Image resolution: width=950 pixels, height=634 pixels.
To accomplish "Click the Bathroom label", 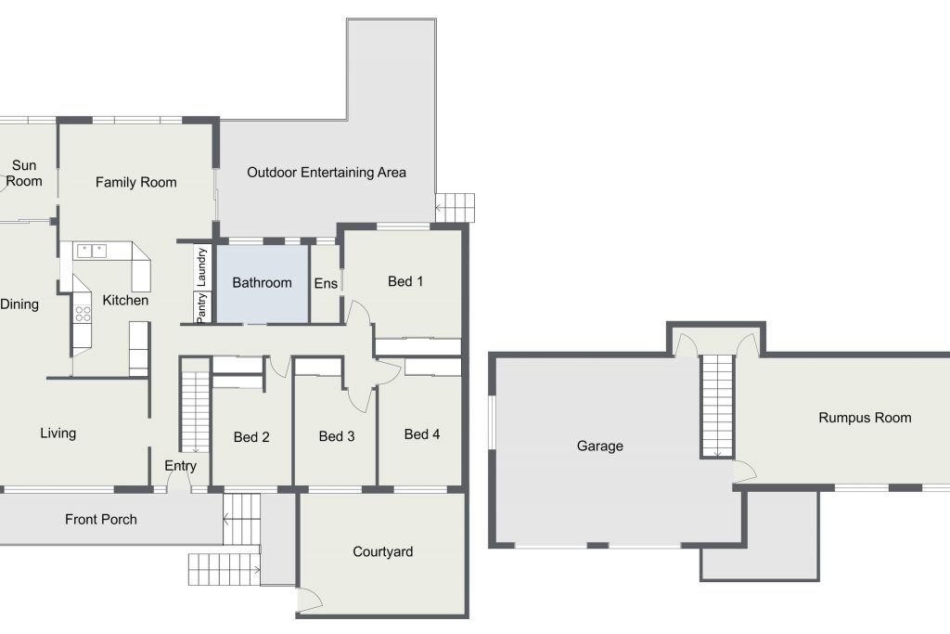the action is click(262, 282).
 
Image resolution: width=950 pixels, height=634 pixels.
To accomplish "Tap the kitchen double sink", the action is click(92, 251).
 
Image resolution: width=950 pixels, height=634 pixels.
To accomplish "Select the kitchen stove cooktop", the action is click(83, 314).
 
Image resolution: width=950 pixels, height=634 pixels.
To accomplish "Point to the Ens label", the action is click(326, 283).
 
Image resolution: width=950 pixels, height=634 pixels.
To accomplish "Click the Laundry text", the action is click(201, 266).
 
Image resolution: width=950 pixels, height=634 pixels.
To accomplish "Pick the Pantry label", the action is click(201, 307).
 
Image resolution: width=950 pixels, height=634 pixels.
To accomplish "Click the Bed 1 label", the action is click(405, 281).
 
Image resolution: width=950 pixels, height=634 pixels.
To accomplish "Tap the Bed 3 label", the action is click(336, 436).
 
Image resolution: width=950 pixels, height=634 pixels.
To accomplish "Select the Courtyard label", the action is click(383, 551).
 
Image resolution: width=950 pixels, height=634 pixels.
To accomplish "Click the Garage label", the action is click(600, 446).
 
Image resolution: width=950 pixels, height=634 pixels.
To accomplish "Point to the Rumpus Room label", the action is click(865, 418).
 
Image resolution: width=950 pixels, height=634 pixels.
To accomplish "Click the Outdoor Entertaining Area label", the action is click(326, 173).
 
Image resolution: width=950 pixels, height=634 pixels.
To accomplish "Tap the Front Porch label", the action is click(100, 520).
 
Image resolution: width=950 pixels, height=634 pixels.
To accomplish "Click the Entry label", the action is click(180, 465).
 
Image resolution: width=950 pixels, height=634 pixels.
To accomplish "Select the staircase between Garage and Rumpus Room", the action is click(717, 406).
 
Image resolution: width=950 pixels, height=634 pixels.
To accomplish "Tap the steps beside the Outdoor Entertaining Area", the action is click(455, 207).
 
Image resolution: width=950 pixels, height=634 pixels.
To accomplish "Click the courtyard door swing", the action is click(310, 598).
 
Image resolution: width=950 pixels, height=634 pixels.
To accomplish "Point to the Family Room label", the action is click(135, 183).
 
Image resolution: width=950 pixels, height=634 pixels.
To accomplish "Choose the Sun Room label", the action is click(24, 174).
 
